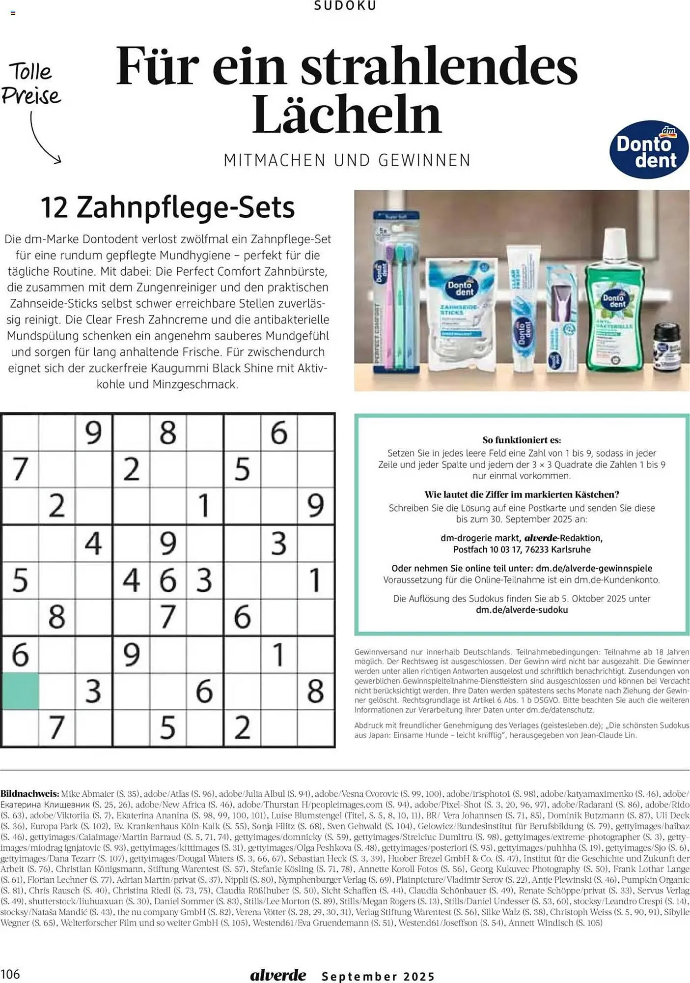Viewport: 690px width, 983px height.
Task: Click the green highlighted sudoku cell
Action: (20, 691)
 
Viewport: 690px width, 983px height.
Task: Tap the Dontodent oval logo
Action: (648, 149)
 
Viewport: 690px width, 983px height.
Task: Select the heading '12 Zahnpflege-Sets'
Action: (167, 207)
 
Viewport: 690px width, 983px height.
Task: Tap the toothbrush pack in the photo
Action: (396, 290)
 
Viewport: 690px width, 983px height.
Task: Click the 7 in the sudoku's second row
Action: (20, 469)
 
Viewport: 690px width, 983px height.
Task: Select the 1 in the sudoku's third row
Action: (204, 506)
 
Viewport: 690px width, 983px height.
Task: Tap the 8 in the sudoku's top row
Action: (167, 433)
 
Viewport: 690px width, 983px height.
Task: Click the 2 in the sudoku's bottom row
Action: (242, 727)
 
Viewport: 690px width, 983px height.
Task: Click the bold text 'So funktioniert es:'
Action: (521, 440)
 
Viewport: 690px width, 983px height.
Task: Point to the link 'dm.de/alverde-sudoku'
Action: (522, 610)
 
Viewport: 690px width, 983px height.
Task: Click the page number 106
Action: (10, 974)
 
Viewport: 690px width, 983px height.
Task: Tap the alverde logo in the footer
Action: (278, 975)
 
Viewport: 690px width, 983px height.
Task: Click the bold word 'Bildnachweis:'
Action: (29, 794)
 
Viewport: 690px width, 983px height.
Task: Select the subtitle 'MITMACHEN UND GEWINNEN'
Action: (347, 161)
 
